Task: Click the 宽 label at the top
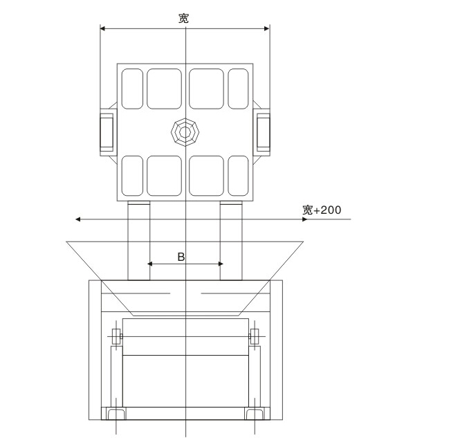pyautogui.click(x=183, y=19)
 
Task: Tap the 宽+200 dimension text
pyautogui.click(x=322, y=209)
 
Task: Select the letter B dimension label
pyautogui.click(x=181, y=257)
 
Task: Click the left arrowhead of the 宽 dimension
pyautogui.click(x=104, y=28)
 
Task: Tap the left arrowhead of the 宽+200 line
pyautogui.click(x=79, y=219)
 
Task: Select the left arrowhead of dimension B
pyautogui.click(x=151, y=264)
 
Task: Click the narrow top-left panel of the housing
pyautogui.click(x=131, y=89)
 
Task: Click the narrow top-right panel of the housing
pyautogui.click(x=238, y=89)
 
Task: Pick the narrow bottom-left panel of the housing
pyautogui.click(x=131, y=175)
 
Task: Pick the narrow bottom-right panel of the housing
pyautogui.click(x=238, y=175)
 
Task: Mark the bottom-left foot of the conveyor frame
pyautogui.click(x=114, y=414)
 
